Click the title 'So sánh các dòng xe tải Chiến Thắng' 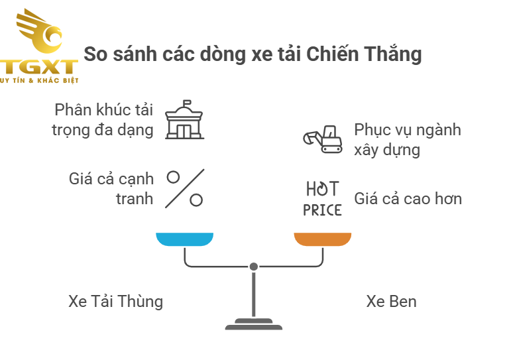[253, 54]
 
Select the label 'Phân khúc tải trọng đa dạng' [103, 119]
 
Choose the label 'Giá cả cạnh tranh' [111, 188]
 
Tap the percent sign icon [184, 188]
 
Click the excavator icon [323, 139]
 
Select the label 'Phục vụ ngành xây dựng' [407, 139]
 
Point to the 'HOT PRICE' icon [323, 198]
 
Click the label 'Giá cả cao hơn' [408, 198]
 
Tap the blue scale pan [184, 239]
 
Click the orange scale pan [323, 239]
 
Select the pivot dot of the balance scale [253, 267]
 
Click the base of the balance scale [253, 326]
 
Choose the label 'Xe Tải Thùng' [115, 301]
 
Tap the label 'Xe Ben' [391, 301]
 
